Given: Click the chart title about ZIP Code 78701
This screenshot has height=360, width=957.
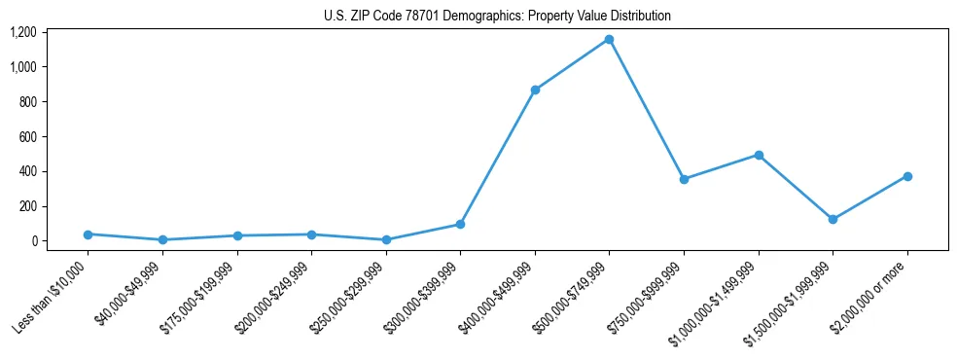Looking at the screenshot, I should [x=497, y=17].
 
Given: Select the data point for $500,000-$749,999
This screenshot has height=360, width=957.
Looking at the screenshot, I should [x=609, y=39].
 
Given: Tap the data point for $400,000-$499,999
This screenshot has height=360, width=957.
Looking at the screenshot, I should [x=535, y=90].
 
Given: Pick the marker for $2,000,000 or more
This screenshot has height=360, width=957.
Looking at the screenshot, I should [x=906, y=176].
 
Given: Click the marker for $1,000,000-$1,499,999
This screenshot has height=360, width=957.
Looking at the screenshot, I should [x=758, y=155].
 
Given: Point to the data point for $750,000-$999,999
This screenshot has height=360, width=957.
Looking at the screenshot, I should [x=684, y=179].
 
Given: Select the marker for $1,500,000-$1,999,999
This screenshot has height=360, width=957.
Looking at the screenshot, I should [x=833, y=219].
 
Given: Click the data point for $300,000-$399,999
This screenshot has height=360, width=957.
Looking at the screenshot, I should [x=460, y=224].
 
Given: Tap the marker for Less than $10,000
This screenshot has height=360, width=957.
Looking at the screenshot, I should [x=89, y=234].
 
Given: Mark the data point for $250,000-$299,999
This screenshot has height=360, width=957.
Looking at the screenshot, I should [x=386, y=239].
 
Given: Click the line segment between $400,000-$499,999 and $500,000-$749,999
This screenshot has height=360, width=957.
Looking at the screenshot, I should [x=572, y=64].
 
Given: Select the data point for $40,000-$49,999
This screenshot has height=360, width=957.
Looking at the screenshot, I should [x=162, y=239].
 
